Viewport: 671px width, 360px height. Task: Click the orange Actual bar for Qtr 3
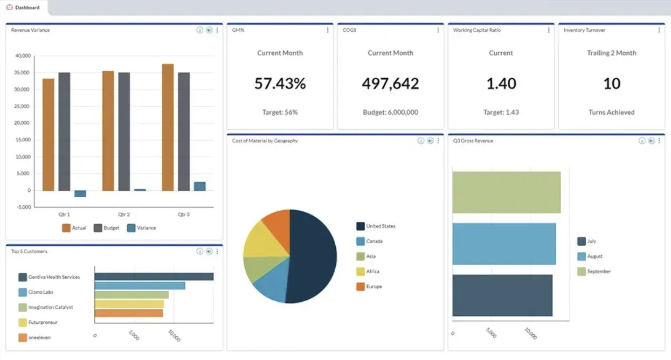[168, 127]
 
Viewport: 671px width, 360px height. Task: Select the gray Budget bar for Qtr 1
[64, 131]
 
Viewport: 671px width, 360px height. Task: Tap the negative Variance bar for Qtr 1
[80, 193]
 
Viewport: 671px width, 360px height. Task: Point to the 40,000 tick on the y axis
[23, 56]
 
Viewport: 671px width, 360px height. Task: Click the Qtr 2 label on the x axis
[124, 214]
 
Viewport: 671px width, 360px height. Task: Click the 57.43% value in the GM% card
[280, 84]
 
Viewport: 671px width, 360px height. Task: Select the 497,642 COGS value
[390, 84]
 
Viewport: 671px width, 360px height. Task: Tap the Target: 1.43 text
[501, 113]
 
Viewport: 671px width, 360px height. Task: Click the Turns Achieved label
[611, 113]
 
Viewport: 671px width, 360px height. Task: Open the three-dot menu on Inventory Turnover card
[659, 30]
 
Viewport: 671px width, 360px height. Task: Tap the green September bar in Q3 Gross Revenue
[506, 192]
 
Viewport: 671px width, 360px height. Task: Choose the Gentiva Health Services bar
[154, 276]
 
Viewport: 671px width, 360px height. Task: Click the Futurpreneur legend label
[43, 322]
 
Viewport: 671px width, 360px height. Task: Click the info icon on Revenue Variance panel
[199, 30]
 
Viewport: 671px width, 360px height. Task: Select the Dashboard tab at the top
[26, 8]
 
